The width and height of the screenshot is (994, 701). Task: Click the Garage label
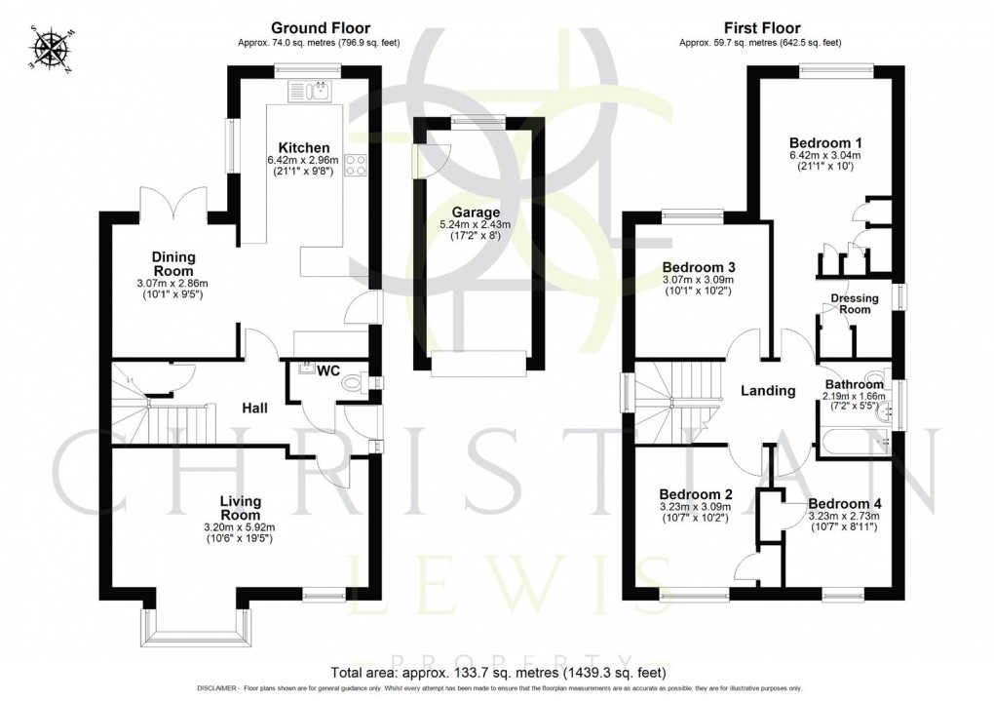click(476, 212)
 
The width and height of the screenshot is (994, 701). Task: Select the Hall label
click(254, 408)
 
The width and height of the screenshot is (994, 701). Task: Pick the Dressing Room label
click(855, 304)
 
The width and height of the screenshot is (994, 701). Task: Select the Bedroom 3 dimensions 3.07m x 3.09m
click(698, 280)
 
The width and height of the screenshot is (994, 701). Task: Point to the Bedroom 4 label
click(844, 503)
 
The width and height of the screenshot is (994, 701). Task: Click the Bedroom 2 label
click(694, 492)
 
